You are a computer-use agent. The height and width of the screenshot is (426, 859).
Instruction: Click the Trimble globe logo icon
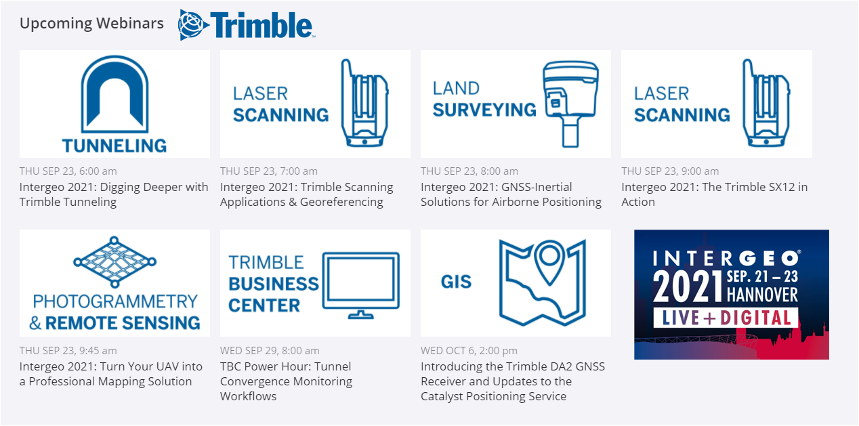192,24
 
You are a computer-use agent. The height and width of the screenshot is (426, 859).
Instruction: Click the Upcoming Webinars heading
91,23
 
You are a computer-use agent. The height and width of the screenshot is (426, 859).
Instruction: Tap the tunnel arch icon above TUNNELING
114,95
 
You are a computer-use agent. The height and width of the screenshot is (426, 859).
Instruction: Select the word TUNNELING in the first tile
114,145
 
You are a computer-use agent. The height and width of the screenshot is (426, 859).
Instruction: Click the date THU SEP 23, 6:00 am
68,171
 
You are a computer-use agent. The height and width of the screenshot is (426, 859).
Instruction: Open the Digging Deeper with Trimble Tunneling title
114,194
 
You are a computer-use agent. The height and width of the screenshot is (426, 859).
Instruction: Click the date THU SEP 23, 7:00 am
268,171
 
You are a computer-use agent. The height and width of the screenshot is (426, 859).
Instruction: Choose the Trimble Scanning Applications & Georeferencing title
306,194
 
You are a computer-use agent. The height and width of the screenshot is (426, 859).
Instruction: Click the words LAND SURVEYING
484,99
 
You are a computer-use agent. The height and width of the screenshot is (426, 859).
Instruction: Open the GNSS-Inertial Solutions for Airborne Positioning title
511,194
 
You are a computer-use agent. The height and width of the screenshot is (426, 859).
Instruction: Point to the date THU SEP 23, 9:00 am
670,171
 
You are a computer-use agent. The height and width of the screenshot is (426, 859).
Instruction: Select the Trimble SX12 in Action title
714,194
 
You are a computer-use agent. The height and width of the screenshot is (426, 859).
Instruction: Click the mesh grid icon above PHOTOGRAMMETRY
114,261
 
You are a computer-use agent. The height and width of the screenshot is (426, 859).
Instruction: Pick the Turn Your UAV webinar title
110,374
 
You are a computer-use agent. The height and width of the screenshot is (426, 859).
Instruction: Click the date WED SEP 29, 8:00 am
269,351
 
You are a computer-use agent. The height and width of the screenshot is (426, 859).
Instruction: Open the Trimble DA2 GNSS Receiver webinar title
512,381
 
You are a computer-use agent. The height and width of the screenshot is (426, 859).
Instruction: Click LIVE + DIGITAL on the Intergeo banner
726,318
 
